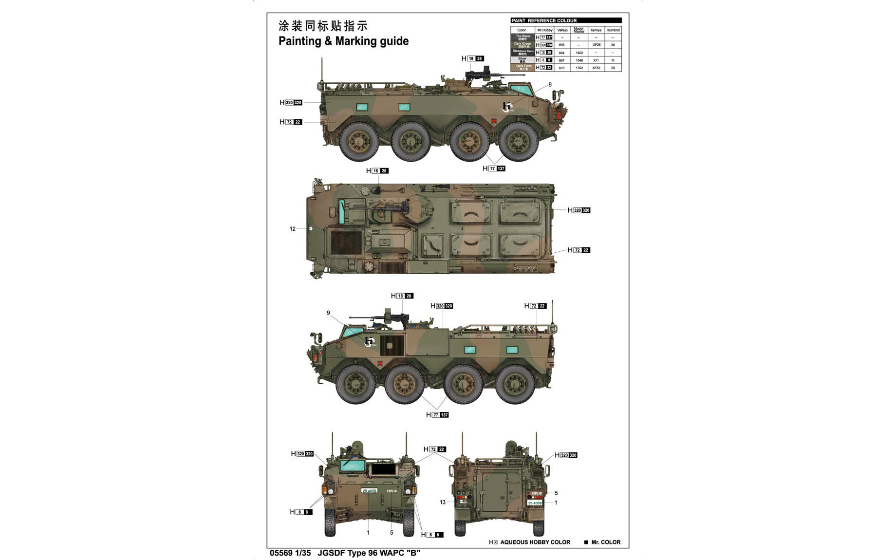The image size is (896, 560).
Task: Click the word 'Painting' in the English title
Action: click(x=298, y=41)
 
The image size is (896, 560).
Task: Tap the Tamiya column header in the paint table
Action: click(x=596, y=30)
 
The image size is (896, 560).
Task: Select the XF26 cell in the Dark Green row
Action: click(x=596, y=45)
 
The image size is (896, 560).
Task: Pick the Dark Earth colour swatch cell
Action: click(x=523, y=68)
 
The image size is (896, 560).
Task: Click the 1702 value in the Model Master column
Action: click(x=579, y=68)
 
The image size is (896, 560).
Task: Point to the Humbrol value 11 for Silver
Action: click(x=613, y=60)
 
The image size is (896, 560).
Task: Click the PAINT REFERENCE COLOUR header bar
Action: click(x=566, y=20)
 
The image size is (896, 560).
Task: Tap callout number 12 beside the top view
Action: click(x=292, y=229)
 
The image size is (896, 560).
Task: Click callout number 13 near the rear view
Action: click(x=442, y=502)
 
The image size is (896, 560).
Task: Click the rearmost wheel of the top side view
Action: click(x=359, y=141)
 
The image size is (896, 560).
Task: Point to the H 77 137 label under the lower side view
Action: click(x=437, y=415)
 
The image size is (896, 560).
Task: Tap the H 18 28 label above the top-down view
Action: click(x=377, y=171)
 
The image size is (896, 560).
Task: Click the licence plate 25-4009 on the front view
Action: click(x=369, y=490)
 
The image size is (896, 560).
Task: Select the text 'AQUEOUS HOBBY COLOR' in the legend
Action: click(x=535, y=542)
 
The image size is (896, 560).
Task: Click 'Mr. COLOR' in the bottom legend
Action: click(x=605, y=542)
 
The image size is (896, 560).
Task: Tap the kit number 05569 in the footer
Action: click(x=281, y=553)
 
